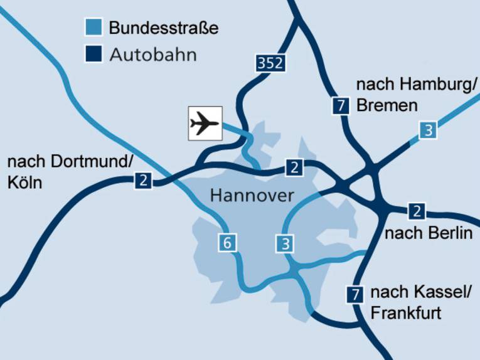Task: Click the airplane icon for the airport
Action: click(205, 122)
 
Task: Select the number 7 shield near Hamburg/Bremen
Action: click(341, 106)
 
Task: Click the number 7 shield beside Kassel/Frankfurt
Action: click(355, 294)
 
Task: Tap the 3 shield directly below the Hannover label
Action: click(285, 243)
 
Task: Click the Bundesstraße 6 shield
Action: click(227, 242)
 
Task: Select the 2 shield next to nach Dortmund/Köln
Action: click(144, 182)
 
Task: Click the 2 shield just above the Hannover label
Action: click(294, 167)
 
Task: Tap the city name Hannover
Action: click(252, 195)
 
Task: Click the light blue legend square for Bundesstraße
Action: click(92, 28)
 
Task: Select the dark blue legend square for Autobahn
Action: click(92, 55)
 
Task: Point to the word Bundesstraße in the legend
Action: click(163, 28)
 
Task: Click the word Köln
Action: click(24, 183)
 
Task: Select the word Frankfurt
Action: click(406, 312)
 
